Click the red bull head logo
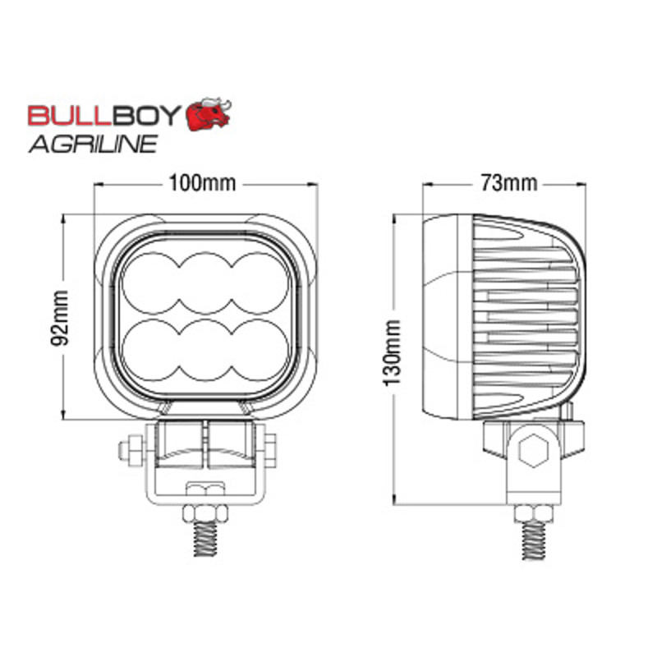point(209,115)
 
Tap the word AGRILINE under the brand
point(93,144)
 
